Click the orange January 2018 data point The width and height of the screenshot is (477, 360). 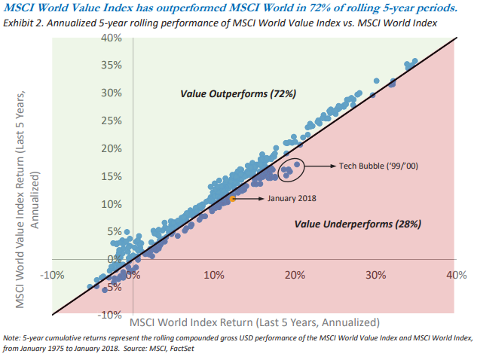click(234, 199)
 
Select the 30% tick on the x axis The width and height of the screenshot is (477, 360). click(375, 275)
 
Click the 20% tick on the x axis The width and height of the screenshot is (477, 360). click(295, 275)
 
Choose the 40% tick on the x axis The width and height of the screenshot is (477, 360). click(456, 275)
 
